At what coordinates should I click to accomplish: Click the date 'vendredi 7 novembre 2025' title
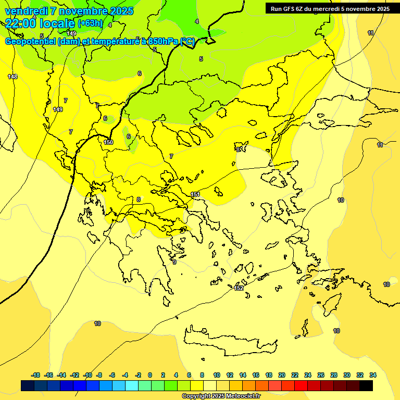(69, 11)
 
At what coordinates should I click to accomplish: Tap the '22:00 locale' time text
(40, 23)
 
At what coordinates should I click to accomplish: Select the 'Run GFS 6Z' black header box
(330, 8)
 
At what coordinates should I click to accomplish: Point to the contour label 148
(12, 77)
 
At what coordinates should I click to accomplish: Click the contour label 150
(108, 142)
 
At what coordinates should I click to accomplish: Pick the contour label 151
(195, 194)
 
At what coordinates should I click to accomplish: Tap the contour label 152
(239, 288)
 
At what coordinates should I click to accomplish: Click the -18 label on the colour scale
(35, 375)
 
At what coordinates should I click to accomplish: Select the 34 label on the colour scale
(373, 375)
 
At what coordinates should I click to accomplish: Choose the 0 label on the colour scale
(150, 375)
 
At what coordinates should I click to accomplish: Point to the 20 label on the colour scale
(282, 375)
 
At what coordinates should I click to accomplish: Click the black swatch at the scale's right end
(366, 385)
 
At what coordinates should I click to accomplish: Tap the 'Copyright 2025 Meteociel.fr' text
(221, 396)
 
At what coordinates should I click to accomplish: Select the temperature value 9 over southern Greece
(174, 262)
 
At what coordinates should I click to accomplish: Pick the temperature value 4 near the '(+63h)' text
(110, 25)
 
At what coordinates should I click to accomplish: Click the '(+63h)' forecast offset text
(90, 24)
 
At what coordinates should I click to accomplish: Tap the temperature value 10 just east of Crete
(336, 331)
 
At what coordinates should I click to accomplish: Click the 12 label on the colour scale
(230, 375)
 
